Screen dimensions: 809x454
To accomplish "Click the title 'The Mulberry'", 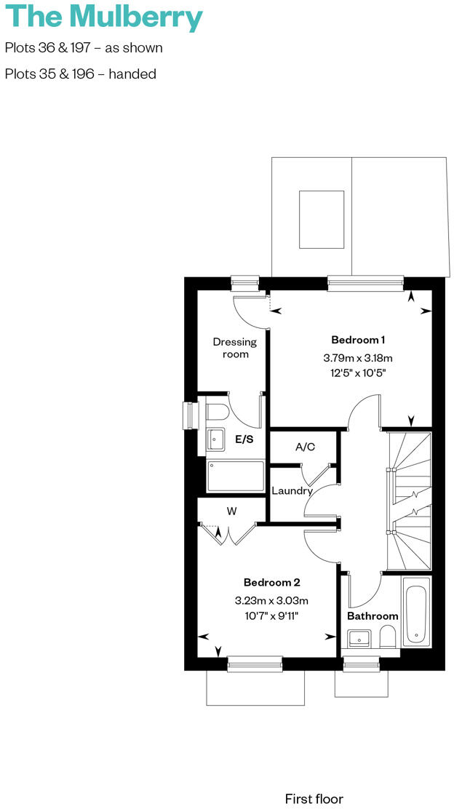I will pos(104,17).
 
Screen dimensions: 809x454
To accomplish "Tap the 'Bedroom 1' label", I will pos(358,340).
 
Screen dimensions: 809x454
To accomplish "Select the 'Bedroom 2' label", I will pos(271,582).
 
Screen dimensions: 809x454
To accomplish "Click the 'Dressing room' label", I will pos(235,348).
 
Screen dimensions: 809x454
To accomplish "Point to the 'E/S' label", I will pos(244,439).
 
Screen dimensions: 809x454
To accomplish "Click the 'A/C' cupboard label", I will pos(305,447).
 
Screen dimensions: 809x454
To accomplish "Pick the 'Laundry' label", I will pos(292,491).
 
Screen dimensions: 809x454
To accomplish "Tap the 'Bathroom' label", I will pos(373,616).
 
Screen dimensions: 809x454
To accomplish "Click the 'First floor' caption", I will pos(314,799).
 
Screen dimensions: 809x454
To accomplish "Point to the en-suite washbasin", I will pos(216,439).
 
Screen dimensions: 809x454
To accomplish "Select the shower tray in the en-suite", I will pos(236,476).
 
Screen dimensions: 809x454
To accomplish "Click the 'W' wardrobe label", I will pos(231,511).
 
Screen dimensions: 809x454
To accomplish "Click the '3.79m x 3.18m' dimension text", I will pos(358,358).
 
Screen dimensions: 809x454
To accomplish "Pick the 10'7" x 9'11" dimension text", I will pos(271,615).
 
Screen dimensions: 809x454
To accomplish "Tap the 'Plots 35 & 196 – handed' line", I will pos(81,74).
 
